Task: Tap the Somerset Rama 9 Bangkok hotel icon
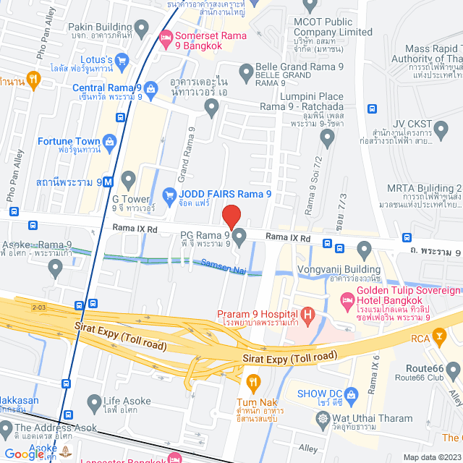click(x=165, y=36)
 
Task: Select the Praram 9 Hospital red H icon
click(x=309, y=315)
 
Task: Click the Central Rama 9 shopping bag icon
click(x=150, y=90)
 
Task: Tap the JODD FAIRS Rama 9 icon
click(x=169, y=193)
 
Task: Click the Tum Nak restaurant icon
click(x=252, y=381)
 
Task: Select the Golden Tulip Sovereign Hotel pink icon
click(x=347, y=300)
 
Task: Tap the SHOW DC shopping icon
click(x=352, y=394)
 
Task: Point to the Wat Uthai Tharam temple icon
click(x=322, y=418)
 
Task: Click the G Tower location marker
click(x=129, y=179)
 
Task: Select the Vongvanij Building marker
click(x=363, y=250)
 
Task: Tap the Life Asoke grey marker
click(x=94, y=402)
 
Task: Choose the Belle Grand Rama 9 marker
click(x=245, y=69)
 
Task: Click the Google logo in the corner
click(x=25, y=454)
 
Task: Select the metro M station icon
click(x=108, y=182)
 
